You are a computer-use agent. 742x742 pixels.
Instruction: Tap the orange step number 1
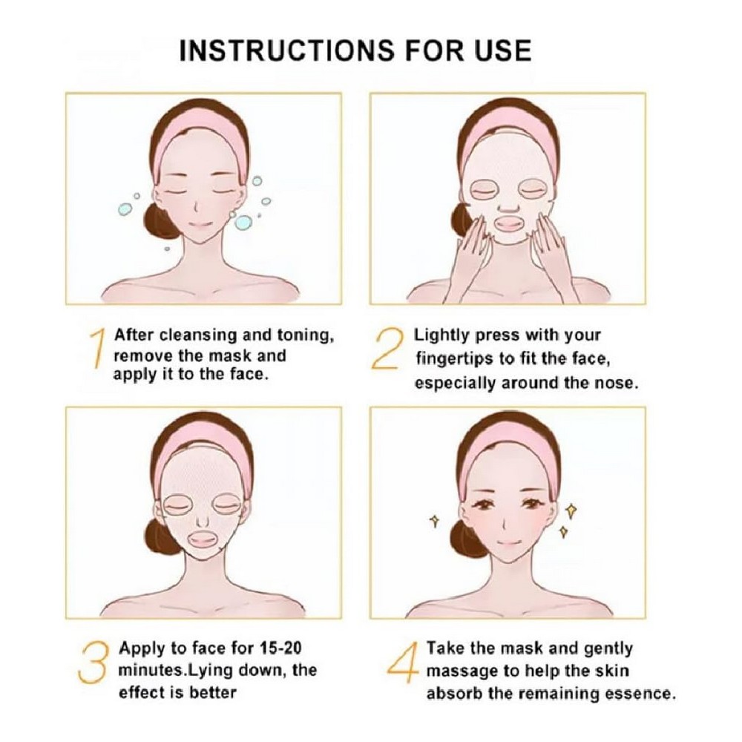click(x=97, y=349)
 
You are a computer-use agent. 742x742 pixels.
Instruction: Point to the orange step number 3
click(x=93, y=662)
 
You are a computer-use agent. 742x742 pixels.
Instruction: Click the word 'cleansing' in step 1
click(x=198, y=335)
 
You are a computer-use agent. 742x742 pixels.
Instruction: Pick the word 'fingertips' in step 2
click(x=455, y=359)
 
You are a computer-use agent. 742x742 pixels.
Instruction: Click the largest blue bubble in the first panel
click(x=243, y=222)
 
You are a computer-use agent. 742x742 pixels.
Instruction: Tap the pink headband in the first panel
click(x=203, y=132)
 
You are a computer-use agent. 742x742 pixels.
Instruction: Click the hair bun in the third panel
click(x=162, y=536)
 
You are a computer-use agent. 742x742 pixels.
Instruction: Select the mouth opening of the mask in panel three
click(x=204, y=541)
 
